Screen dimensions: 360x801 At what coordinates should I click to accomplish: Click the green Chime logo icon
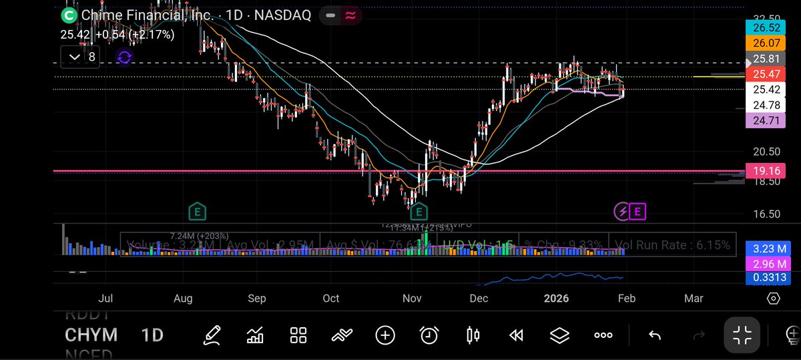tap(69, 15)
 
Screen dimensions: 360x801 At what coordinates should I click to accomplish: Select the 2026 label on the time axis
tap(556, 299)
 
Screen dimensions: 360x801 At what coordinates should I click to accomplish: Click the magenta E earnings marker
tap(637, 212)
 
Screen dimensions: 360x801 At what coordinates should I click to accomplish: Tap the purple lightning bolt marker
tap(622, 212)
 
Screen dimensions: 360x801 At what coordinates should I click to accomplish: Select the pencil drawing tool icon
tap(212, 335)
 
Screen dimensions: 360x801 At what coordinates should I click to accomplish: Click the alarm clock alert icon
tap(429, 335)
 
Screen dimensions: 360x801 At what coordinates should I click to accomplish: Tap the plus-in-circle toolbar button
tap(385, 335)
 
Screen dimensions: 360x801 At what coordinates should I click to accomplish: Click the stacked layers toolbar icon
tap(559, 335)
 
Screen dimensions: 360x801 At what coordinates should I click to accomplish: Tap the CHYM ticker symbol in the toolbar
tap(91, 335)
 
